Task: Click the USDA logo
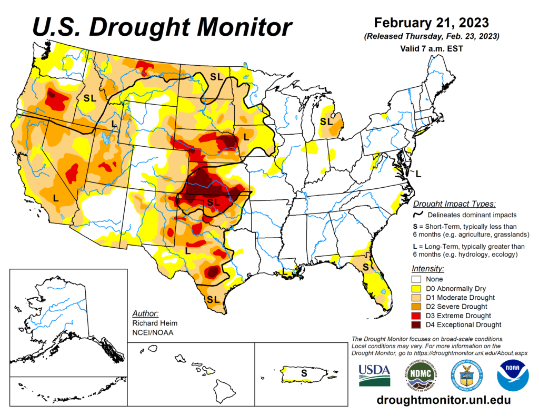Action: pyautogui.click(x=375, y=374)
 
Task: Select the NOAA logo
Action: pyautogui.click(x=513, y=375)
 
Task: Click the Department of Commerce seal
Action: pyautogui.click(x=466, y=375)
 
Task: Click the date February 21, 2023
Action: pyautogui.click(x=431, y=23)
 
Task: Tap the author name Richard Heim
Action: pyautogui.click(x=154, y=322)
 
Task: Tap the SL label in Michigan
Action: pyautogui.click(x=327, y=121)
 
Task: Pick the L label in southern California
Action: pyautogui.click(x=56, y=198)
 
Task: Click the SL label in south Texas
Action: pyautogui.click(x=212, y=299)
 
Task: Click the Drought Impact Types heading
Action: pyautogui.click(x=455, y=204)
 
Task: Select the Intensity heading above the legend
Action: pyautogui.click(x=427, y=268)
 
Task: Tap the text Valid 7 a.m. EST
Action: pyautogui.click(x=431, y=48)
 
